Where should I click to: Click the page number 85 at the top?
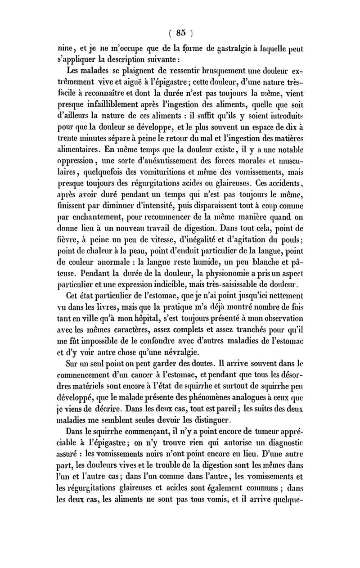pyautogui.click(x=181, y=32)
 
